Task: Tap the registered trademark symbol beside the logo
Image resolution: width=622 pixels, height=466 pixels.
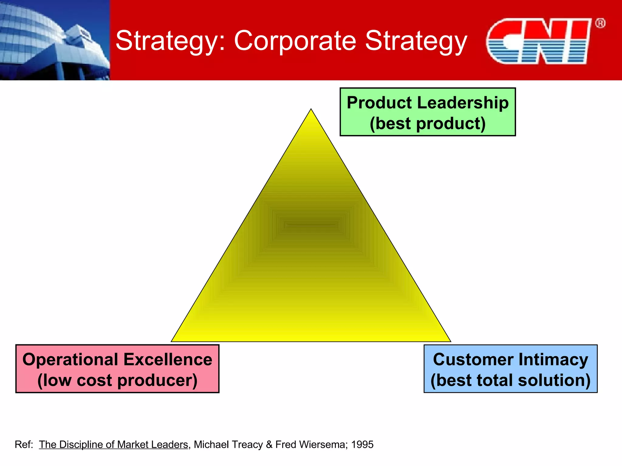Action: [600, 23]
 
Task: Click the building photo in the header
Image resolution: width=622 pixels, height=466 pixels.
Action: [55, 40]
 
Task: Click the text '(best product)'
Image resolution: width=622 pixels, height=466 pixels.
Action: [427, 123]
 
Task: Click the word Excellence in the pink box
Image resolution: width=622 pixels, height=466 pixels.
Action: [168, 360]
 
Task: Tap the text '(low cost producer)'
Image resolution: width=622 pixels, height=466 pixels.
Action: [117, 380]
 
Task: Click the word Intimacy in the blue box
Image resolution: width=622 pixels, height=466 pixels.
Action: [553, 360]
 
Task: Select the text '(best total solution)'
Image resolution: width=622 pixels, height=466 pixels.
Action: [510, 380]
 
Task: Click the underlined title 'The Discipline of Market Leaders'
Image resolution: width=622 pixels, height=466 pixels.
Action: [113, 444]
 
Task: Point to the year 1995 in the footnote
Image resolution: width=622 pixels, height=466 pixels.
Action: [362, 444]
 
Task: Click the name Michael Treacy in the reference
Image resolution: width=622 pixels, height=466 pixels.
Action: [228, 444]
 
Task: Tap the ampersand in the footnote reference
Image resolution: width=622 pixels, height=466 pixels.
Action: [269, 444]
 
